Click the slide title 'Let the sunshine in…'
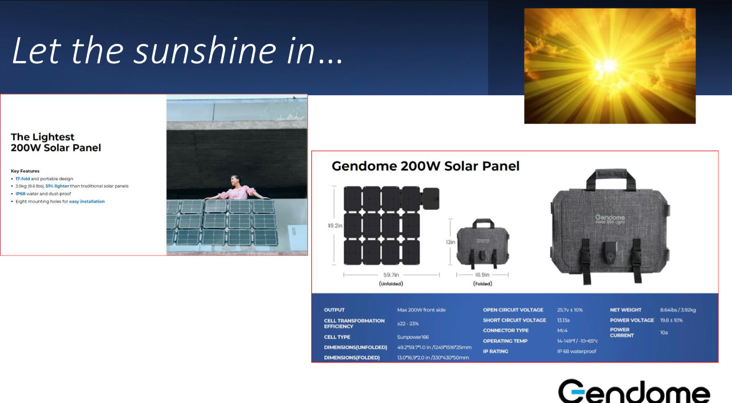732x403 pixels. (177, 50)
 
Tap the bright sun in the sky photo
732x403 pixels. (609, 65)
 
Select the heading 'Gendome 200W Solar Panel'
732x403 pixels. (425, 166)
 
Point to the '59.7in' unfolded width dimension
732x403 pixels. (391, 274)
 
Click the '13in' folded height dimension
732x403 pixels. (450, 242)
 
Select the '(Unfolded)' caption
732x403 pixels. (391, 283)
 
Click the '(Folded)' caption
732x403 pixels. (483, 283)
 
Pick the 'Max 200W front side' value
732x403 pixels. (421, 310)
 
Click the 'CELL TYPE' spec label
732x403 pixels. (337, 337)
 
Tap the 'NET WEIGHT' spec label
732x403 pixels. (625, 310)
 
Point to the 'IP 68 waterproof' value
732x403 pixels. (576, 351)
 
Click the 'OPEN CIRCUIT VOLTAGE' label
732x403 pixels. (514, 310)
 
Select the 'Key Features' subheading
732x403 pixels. (25, 171)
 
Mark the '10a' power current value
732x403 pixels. (664, 332)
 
